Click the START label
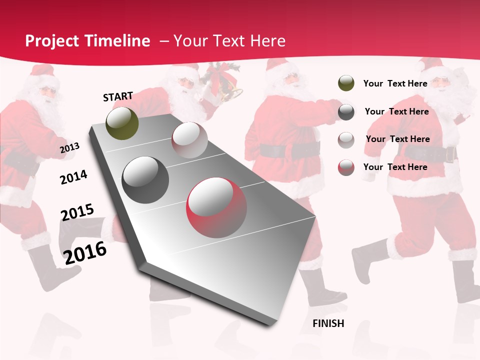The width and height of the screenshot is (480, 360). [x=118, y=96]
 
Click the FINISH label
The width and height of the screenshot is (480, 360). [x=328, y=323]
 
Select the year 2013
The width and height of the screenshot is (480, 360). [x=69, y=148]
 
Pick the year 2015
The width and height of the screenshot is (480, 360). [x=77, y=212]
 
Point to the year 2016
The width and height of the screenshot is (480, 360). [x=85, y=252]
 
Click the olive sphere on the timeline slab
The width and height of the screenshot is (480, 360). [x=122, y=123]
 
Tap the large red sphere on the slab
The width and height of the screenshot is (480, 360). [x=216, y=204]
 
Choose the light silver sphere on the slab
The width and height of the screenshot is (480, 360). [x=189, y=140]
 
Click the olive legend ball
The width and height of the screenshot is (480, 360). [x=346, y=83]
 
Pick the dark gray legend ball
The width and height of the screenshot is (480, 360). [x=346, y=112]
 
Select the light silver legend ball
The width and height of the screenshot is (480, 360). [x=346, y=139]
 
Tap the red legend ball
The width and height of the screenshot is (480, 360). [x=346, y=167]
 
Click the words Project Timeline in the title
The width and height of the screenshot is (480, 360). [x=87, y=41]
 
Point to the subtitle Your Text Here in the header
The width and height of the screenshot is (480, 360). [x=229, y=41]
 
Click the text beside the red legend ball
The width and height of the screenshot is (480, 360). [x=395, y=167]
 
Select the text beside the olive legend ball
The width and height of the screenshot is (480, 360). [x=395, y=83]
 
